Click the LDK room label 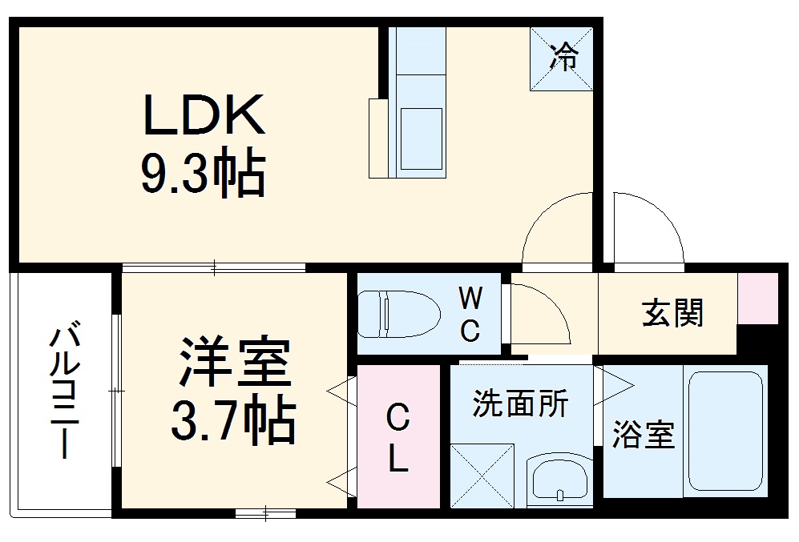click(204, 117)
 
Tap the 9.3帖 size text click(204, 174)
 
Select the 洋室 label click(233, 364)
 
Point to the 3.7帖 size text click(233, 421)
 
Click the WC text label click(470, 315)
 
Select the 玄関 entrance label click(672, 313)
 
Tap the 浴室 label click(643, 436)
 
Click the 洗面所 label click(519, 404)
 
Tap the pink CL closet click(398, 436)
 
